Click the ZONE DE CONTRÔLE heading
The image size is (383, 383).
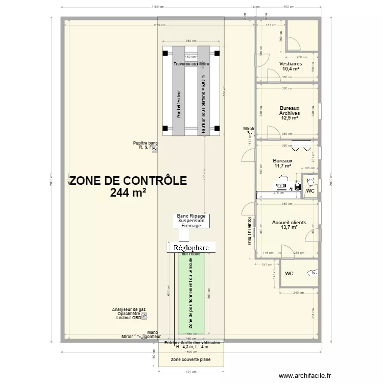coord(128,181)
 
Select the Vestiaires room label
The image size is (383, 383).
coord(291,64)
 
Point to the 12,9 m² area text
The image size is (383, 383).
coord(290,118)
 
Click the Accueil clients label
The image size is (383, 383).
coord(289,222)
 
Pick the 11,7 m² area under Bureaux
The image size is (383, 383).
coord(282,165)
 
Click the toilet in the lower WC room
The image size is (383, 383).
coord(313,273)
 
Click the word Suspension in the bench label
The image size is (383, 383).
coord(192,221)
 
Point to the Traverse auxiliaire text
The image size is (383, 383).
coord(192,64)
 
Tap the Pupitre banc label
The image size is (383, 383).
coord(146,143)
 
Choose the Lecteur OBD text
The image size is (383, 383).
coord(128,318)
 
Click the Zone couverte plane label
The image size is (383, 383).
coord(191,360)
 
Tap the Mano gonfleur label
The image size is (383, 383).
coord(153,335)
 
